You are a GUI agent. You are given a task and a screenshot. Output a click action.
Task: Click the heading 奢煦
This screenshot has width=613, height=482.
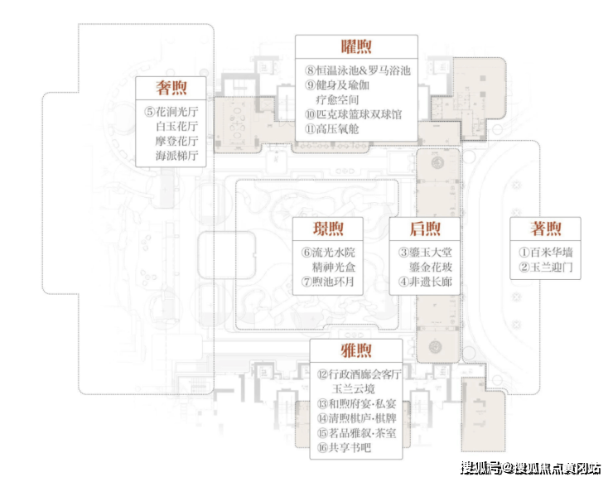coord(171,88)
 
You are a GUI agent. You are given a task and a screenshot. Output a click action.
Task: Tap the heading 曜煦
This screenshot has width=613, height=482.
coord(356,47)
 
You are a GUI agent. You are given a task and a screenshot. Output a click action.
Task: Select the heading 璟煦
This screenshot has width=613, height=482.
coord(328,229)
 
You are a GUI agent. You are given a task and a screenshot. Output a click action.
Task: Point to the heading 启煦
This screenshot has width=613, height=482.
coord(425,229)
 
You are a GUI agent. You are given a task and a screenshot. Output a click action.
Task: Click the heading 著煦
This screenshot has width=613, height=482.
coord(546,229)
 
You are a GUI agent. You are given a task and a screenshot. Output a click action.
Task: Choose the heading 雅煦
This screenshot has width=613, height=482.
coord(356,350)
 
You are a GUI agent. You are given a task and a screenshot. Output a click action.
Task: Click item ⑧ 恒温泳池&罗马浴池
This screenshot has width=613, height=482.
coord(358,70)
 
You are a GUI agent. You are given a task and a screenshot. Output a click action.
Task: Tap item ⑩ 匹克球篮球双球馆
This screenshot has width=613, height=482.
coord(354,114)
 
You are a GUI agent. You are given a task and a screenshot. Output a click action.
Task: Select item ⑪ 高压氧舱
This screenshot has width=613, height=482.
coord(332,129)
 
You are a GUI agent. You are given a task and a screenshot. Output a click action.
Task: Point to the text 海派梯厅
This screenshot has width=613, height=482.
coord(176,156)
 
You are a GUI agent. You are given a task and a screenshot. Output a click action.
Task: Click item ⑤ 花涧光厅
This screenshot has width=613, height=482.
coord(171,112)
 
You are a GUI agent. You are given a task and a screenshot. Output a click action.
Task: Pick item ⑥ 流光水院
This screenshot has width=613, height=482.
coord(328,252)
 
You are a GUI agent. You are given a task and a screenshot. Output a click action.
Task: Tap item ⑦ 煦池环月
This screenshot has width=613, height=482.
coord(327,282)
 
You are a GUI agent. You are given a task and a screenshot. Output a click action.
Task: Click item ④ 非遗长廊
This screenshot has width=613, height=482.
coord(425,282)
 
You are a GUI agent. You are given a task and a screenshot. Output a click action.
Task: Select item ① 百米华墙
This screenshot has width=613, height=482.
coord(546,252)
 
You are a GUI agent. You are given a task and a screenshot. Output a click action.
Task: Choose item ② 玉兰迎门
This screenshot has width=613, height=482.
coord(546,267)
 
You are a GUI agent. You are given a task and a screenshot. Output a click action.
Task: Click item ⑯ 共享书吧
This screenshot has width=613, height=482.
coord(344,447)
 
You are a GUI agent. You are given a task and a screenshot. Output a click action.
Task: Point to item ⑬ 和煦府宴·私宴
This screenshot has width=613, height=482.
coord(356,404)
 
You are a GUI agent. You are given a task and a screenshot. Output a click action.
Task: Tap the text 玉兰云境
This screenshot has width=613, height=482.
coord(354,389)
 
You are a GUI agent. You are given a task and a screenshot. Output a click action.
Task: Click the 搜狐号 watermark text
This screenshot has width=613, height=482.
coord(480,468)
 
